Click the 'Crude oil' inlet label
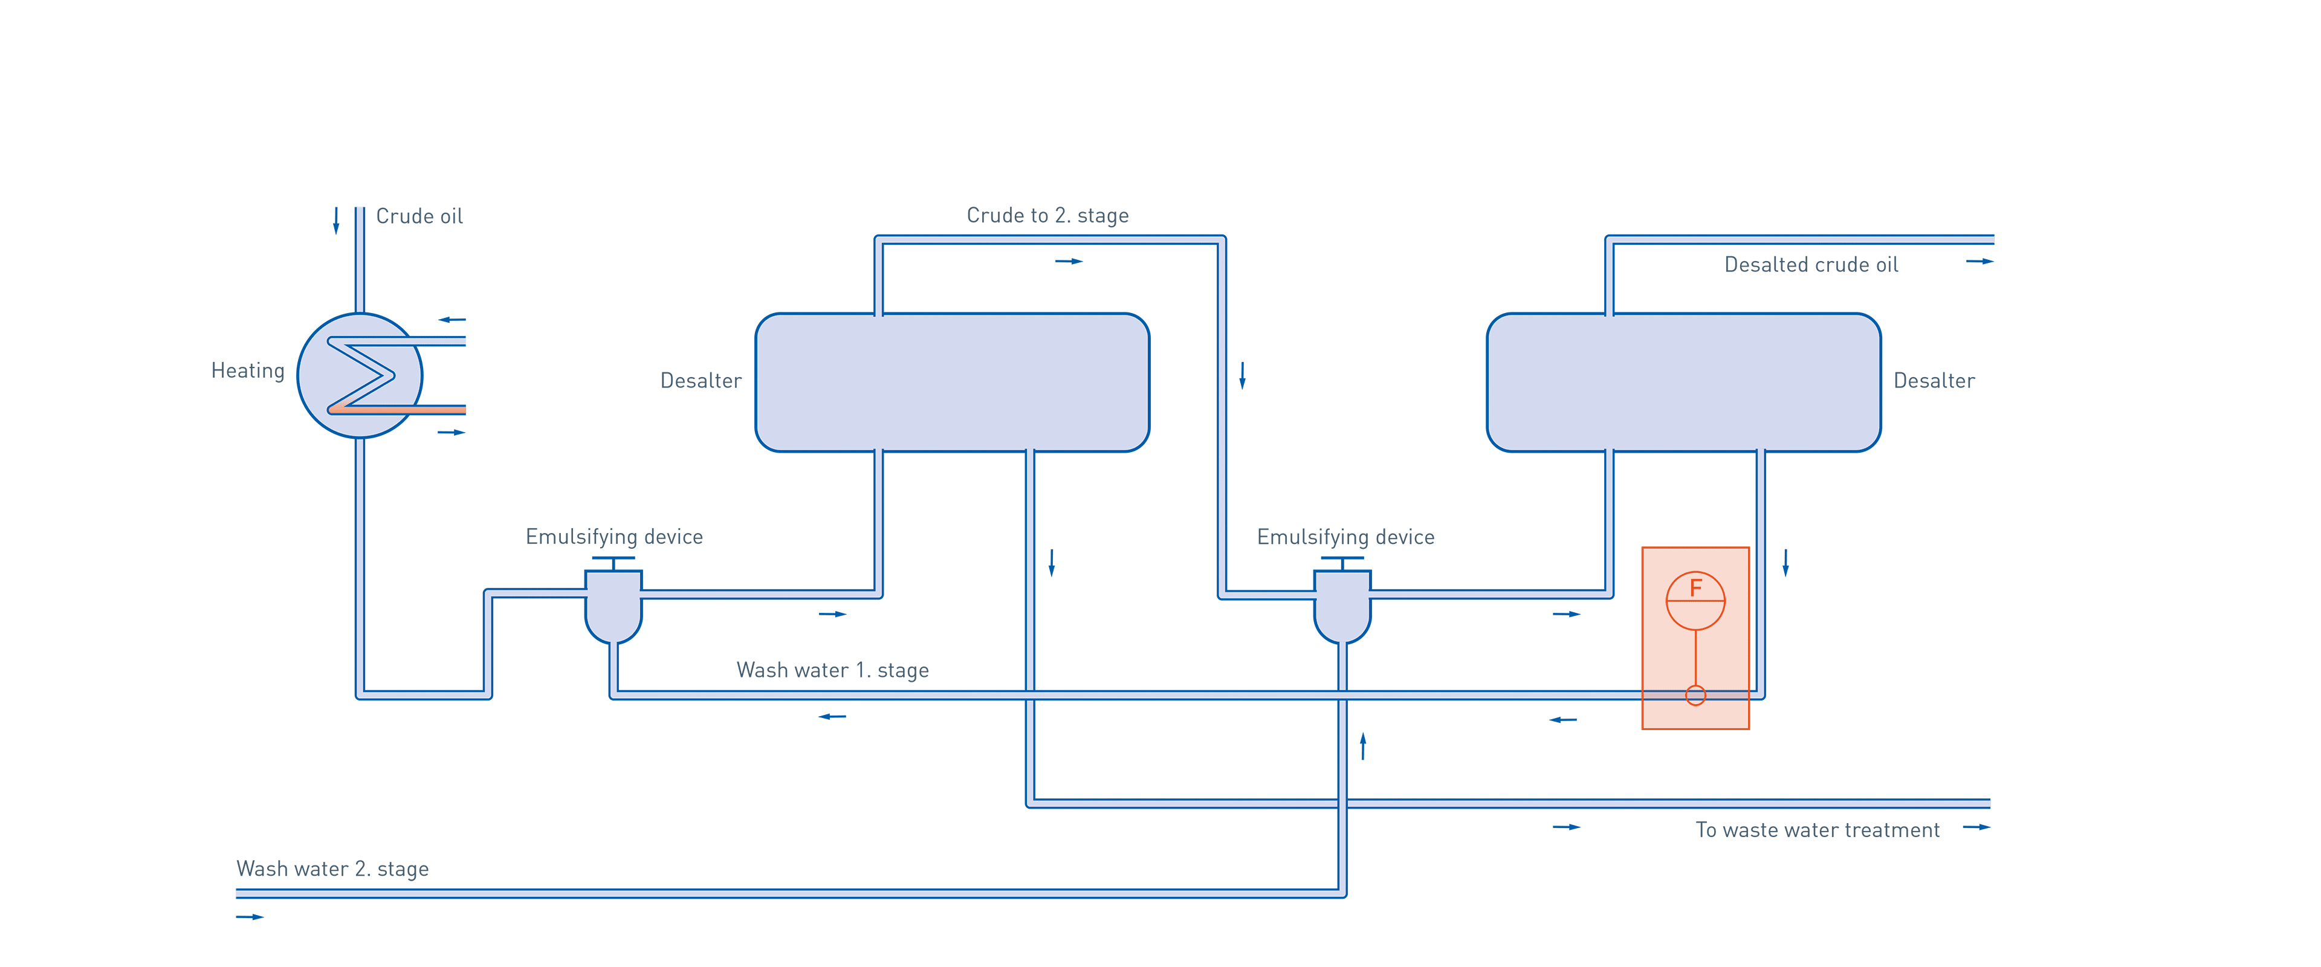click(419, 216)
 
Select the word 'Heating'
click(248, 371)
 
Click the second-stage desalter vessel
click(1683, 382)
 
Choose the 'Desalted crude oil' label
click(1810, 265)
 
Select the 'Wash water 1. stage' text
click(832, 670)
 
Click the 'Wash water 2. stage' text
click(332, 868)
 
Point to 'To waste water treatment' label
click(1818, 830)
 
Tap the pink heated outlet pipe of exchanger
click(424, 410)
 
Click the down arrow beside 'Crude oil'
click(336, 220)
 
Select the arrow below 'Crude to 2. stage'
click(1069, 261)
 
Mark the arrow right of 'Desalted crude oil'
click(1979, 261)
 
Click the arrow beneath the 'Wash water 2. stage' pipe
click(250, 916)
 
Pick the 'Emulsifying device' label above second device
click(1345, 537)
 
